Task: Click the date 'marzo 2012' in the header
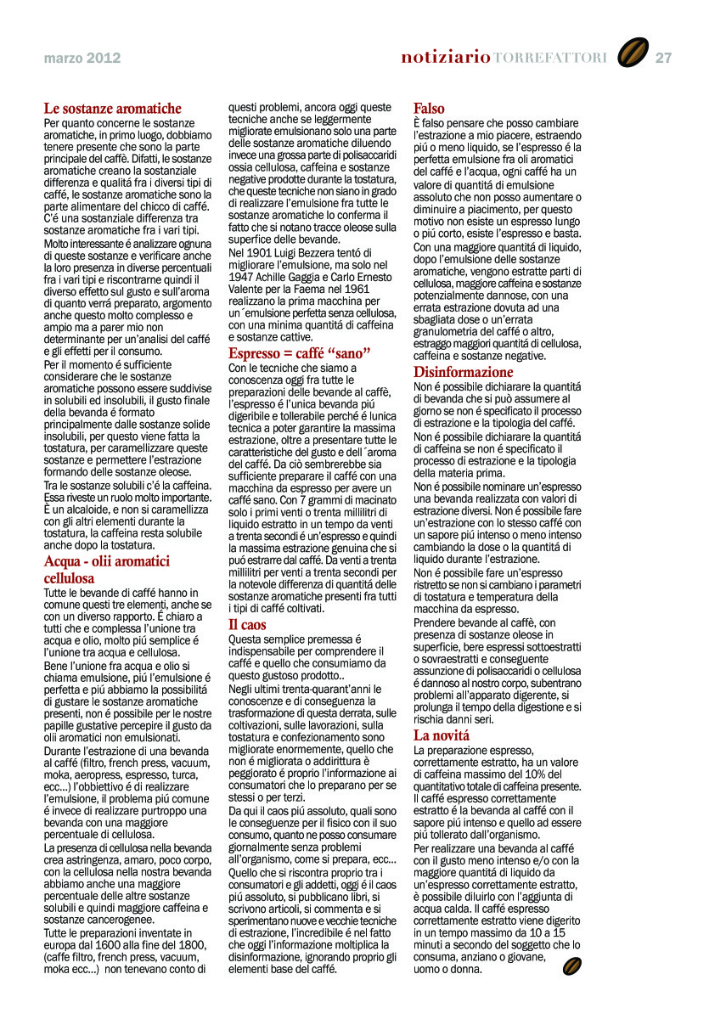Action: [x=82, y=59]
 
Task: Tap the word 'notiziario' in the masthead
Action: [x=446, y=58]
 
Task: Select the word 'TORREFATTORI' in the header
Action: [x=550, y=59]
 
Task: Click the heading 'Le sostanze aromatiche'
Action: [x=113, y=109]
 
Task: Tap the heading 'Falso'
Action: [x=429, y=109]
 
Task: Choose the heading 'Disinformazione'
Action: [x=464, y=372]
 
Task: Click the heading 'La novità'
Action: [x=442, y=735]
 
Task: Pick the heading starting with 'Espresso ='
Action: [x=300, y=353]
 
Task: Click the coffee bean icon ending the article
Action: [x=572, y=966]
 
